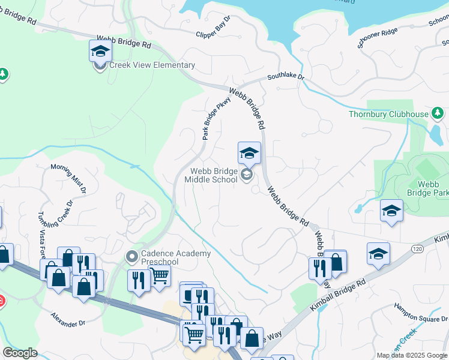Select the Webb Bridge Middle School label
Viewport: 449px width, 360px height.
[210, 175]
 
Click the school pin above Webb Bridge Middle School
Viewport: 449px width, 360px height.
[249, 154]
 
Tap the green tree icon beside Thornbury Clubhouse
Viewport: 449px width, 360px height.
[438, 113]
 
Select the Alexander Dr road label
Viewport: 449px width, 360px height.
[68, 320]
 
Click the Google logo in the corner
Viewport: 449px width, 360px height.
[20, 352]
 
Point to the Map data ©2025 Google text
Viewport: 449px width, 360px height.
[412, 355]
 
